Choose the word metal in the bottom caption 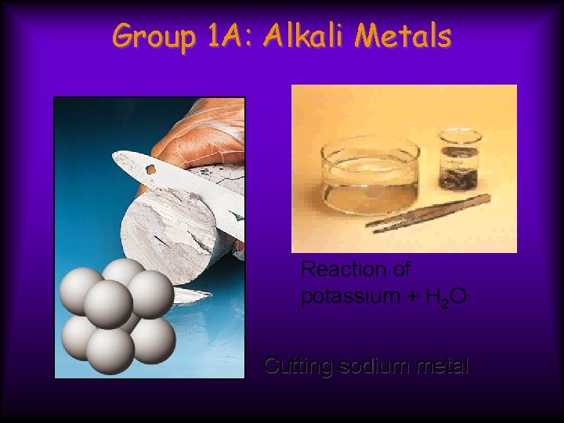pyautogui.click(x=437, y=366)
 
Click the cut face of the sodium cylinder pyautogui.click(x=168, y=227)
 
